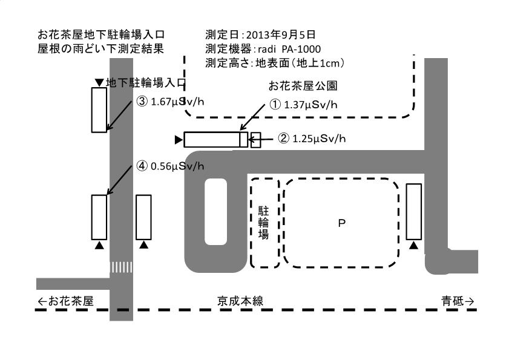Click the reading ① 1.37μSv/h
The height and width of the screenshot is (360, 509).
click(x=303, y=105)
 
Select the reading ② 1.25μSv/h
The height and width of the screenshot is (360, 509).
click(x=312, y=139)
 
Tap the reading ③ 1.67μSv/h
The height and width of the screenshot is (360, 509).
click(x=171, y=102)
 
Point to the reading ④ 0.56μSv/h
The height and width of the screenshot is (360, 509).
click(x=171, y=166)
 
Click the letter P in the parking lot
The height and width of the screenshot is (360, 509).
click(x=341, y=223)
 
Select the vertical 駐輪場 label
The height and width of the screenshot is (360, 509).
click(x=263, y=223)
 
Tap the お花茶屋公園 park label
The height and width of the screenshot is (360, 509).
click(x=303, y=86)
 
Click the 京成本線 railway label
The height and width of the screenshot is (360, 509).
click(x=240, y=301)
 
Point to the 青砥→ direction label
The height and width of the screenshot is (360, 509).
click(x=458, y=301)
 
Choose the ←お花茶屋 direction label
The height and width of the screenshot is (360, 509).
click(x=65, y=301)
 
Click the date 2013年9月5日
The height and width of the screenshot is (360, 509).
click(x=281, y=34)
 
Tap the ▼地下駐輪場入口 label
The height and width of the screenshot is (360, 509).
click(x=140, y=82)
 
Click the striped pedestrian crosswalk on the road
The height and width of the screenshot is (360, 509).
click(x=122, y=267)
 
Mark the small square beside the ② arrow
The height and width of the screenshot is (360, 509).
click(x=256, y=140)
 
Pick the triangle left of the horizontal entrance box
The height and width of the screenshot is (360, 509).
click(x=178, y=140)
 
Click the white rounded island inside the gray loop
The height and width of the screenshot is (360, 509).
click(x=216, y=212)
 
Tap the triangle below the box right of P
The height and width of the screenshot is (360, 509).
click(x=413, y=245)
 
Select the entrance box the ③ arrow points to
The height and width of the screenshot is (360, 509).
click(x=99, y=110)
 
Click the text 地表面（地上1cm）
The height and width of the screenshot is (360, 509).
click(x=300, y=63)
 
